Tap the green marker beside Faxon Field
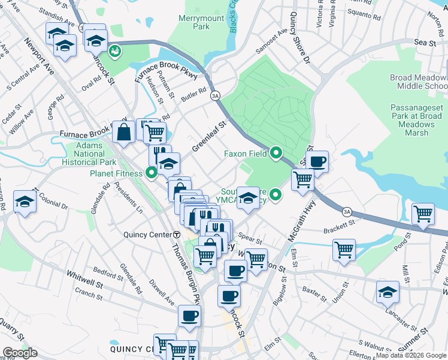tap(276, 154)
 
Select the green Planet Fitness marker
tap(152, 173)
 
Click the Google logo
tap(20, 353)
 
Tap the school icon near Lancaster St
tap(388, 292)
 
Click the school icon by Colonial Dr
tap(25, 202)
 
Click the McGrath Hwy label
tap(301, 221)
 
